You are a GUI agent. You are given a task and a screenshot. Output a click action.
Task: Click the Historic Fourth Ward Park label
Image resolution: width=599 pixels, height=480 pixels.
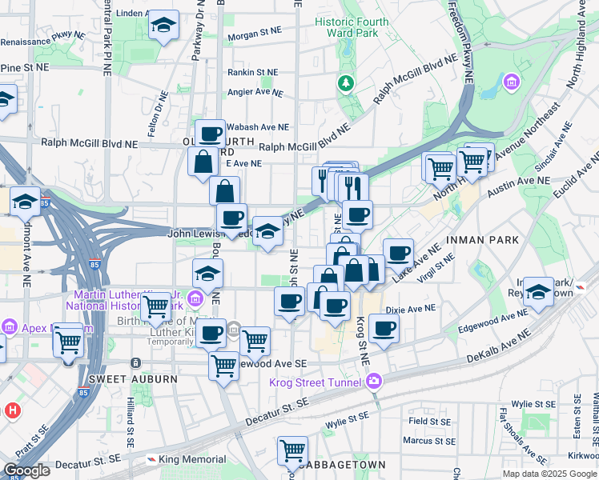[x=352, y=27]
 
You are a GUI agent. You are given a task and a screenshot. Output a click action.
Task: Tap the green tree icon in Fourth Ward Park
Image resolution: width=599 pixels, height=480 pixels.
[x=346, y=82]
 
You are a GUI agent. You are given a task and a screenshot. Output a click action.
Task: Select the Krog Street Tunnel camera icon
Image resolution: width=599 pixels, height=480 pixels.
[x=374, y=382]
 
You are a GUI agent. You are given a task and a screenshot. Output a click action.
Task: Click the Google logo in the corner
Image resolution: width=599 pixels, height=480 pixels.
[x=26, y=470]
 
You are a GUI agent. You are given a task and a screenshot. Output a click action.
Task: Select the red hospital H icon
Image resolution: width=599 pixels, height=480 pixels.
[x=11, y=410]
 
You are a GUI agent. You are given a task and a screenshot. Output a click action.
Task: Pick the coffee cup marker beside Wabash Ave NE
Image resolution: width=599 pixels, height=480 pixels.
[x=210, y=134]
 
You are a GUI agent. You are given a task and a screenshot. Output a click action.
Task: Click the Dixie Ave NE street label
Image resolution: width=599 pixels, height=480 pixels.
[x=410, y=307]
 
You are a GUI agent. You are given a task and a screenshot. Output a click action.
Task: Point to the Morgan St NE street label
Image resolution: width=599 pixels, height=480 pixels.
[x=255, y=36]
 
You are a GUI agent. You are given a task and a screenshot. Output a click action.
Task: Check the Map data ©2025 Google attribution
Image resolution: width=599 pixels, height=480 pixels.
[x=549, y=474]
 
